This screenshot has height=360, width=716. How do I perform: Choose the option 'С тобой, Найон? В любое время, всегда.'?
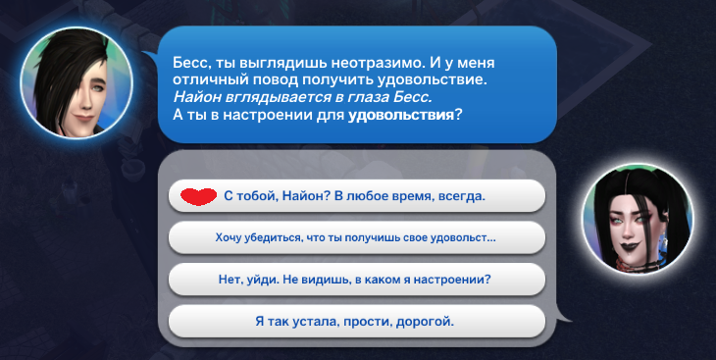point(355,195)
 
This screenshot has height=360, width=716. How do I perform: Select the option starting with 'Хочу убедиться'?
point(355,237)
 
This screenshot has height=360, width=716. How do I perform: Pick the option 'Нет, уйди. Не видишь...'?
point(355,279)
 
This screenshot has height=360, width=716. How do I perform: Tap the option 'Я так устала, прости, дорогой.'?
point(355,321)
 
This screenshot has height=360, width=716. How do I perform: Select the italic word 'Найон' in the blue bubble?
point(194,96)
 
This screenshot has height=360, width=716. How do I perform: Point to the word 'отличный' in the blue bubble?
point(207,77)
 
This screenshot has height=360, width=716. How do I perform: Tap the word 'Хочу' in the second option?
point(230,237)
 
